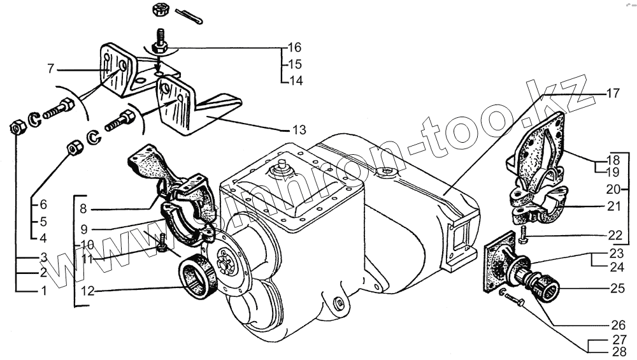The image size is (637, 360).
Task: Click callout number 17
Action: click(x=612, y=93)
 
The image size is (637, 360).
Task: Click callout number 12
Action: click(x=87, y=292)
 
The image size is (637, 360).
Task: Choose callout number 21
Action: click(x=613, y=206)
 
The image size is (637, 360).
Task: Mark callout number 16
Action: click(x=294, y=48)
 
